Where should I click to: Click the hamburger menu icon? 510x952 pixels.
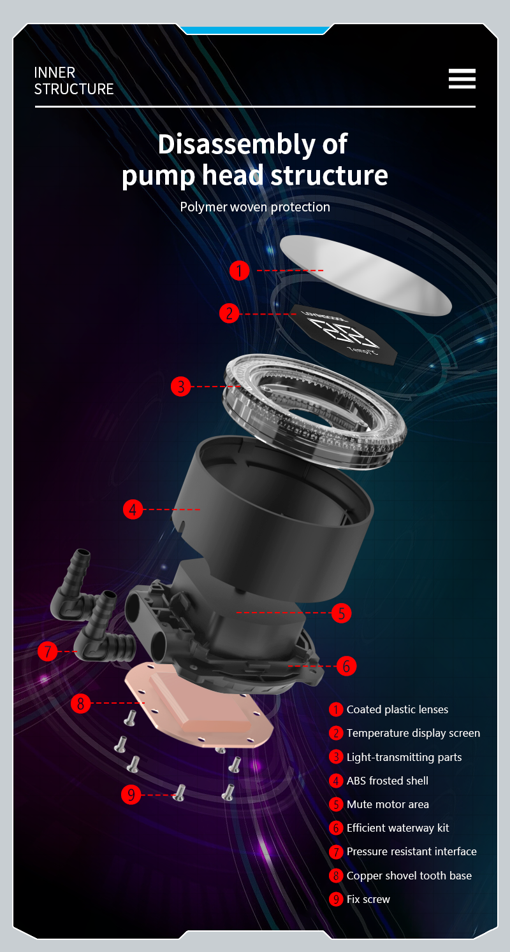coord(462,78)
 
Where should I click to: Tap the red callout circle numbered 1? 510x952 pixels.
coord(239,271)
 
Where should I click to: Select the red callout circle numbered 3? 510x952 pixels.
coord(181,387)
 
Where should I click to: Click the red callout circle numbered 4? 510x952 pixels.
coord(133,509)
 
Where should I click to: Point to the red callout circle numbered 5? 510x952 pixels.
coord(342,613)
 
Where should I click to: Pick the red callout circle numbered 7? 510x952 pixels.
coord(48,651)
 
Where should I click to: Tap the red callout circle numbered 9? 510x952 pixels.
coord(131,795)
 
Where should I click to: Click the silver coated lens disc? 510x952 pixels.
coord(366,275)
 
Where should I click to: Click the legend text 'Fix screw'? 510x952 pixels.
coord(368,899)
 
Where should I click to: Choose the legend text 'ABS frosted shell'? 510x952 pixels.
coord(388,780)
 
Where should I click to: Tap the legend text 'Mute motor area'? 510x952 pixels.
coord(388,804)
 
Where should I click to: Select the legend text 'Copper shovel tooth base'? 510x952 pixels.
coord(409,876)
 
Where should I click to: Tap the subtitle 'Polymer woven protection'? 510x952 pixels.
coord(255,207)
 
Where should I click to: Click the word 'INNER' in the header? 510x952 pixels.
coord(54,73)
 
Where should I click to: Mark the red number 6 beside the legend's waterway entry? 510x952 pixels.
coord(336,828)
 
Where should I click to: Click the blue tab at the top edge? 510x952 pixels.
coord(255,30)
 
